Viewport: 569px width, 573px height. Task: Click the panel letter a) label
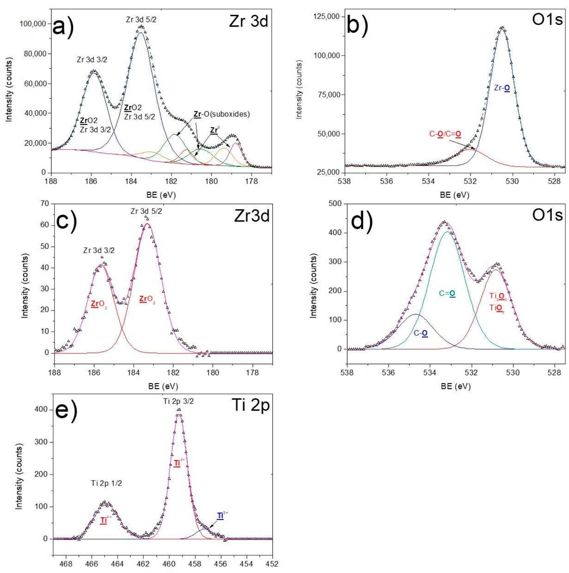[63, 27]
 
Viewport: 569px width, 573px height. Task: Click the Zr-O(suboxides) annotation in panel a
[222, 114]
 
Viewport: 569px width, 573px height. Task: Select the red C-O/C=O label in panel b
[445, 134]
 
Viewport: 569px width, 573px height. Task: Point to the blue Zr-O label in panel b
[502, 88]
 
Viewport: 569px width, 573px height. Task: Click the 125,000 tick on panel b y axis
[326, 16]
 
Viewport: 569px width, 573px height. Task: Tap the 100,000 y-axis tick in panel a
[33, 24]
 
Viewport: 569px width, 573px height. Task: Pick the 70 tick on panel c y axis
[44, 203]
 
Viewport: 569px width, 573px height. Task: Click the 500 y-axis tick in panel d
[335, 203]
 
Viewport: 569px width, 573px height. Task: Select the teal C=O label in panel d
[447, 294]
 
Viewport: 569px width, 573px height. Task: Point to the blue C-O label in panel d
[421, 333]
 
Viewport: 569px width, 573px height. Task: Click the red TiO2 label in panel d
[497, 308]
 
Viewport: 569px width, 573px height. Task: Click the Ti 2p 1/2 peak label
[106, 483]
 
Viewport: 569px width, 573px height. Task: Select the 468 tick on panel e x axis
[66, 564]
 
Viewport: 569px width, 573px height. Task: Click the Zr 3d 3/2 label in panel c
[99, 250]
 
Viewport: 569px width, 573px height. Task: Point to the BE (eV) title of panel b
[454, 195]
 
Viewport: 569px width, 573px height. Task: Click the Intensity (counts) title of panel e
[19, 477]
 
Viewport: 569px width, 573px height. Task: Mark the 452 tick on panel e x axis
[272, 564]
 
